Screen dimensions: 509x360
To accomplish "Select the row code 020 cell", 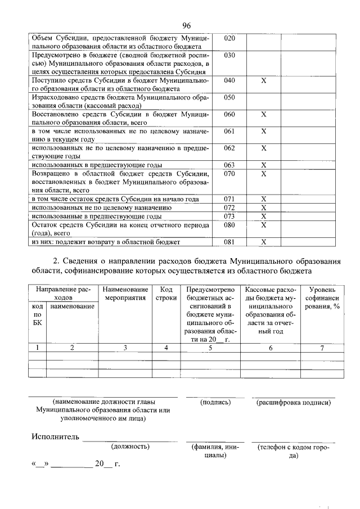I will pyautogui.click(x=229, y=38).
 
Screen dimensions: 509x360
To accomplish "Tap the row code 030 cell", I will pyautogui.click(x=229, y=56).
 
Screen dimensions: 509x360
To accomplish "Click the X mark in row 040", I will pyautogui.click(x=263, y=81).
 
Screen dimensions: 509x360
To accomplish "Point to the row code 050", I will pyautogui.click(x=229, y=97).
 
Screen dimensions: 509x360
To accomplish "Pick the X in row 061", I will pyautogui.click(x=263, y=131).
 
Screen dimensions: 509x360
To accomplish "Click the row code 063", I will pyautogui.click(x=229, y=165).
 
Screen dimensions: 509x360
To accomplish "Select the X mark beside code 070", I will pyautogui.click(x=263, y=174).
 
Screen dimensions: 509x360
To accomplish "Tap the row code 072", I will pyautogui.click(x=229, y=208).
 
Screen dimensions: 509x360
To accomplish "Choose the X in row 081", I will pyautogui.click(x=263, y=242).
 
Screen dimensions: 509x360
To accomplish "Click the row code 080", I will pyautogui.click(x=229, y=225).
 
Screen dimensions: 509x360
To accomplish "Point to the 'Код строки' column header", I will pyautogui.click(x=166, y=294).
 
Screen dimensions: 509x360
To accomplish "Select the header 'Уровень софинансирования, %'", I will pyautogui.click(x=322, y=298).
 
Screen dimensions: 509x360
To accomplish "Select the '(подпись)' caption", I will pyautogui.click(x=215, y=403).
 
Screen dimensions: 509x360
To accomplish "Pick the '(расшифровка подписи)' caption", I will pyautogui.click(x=292, y=403).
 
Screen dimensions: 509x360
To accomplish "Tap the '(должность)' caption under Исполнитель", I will pyautogui.click(x=130, y=447).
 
